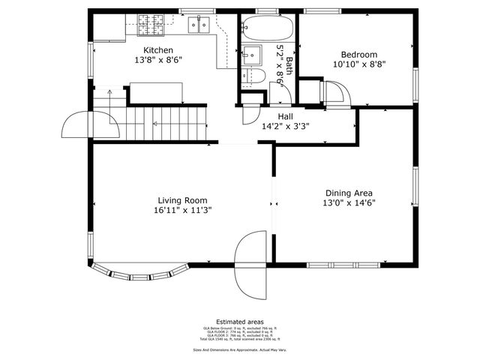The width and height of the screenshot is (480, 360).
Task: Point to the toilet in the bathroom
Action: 253,75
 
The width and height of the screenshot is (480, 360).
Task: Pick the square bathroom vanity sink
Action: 250,55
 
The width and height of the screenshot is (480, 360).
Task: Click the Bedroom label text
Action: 358,55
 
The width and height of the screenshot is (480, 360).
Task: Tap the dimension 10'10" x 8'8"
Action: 358,64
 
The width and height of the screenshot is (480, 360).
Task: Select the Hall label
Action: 285,117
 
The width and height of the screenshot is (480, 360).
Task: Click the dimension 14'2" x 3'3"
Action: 285,127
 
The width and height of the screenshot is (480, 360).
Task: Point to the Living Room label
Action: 182,200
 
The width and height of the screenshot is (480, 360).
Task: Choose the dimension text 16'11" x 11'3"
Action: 182,211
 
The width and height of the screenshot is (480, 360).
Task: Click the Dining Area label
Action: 349,193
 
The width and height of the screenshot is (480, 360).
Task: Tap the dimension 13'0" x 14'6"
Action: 349,203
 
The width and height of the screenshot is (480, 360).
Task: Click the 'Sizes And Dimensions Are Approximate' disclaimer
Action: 239,349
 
